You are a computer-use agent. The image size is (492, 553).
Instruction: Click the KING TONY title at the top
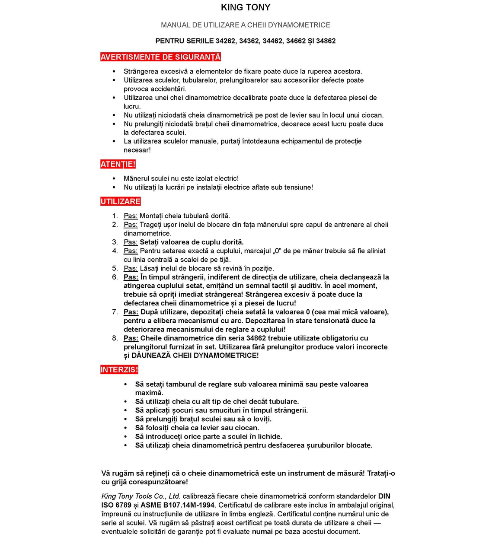(x=246, y=7)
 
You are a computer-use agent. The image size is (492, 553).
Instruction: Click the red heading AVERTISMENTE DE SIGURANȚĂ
(x=160, y=57)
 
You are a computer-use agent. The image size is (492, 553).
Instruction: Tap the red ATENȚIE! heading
(x=118, y=164)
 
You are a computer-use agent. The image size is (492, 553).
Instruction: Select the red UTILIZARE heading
(x=121, y=201)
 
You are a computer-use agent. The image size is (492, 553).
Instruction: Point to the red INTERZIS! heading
(x=119, y=370)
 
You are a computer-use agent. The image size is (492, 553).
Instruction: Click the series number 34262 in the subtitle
(x=225, y=41)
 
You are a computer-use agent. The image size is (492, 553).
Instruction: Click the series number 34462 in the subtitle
(x=272, y=41)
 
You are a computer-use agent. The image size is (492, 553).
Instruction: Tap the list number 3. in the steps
(x=115, y=242)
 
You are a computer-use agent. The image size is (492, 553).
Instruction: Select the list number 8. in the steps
(x=115, y=338)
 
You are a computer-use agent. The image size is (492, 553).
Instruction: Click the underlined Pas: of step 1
(x=131, y=216)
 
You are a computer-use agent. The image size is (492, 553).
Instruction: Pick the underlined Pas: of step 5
(x=131, y=268)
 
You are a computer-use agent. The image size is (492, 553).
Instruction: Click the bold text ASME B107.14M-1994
(x=177, y=505)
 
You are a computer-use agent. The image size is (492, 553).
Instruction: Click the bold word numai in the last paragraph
(x=262, y=531)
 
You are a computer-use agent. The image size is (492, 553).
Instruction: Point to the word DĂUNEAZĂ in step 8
(x=151, y=356)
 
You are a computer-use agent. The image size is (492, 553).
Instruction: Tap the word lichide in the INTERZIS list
(x=270, y=436)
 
